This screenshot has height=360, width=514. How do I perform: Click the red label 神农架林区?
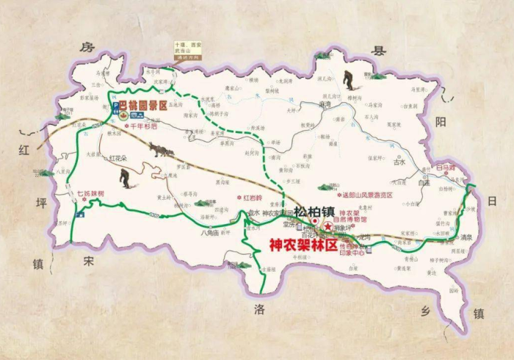301,245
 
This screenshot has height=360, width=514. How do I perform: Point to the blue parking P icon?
115,107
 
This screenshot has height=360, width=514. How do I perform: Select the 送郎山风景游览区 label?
368,194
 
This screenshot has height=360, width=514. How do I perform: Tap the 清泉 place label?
466,237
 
